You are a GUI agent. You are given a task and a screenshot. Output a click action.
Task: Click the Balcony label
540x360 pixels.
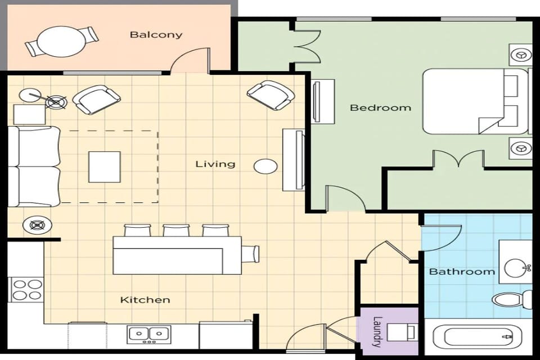156,34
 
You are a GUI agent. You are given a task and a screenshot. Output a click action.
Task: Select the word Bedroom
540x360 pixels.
380,107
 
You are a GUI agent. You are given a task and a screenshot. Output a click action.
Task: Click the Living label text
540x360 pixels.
215,164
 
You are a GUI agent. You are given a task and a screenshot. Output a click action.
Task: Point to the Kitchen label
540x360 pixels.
145,300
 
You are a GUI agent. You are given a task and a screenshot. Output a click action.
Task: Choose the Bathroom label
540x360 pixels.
462,272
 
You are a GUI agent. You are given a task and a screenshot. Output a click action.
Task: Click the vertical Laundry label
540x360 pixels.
377,332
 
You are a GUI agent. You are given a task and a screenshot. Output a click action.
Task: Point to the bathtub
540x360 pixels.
478,338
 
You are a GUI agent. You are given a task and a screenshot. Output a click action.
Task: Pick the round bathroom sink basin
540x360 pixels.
516,268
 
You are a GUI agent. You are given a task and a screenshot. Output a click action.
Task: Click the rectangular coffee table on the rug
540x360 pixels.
104,166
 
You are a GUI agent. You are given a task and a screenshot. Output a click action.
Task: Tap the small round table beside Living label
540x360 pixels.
265,166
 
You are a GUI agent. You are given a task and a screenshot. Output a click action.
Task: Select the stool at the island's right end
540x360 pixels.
251,254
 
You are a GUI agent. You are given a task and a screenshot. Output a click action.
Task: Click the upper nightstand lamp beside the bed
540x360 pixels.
521,55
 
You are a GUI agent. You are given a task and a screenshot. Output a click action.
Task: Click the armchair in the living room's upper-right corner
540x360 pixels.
270,94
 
